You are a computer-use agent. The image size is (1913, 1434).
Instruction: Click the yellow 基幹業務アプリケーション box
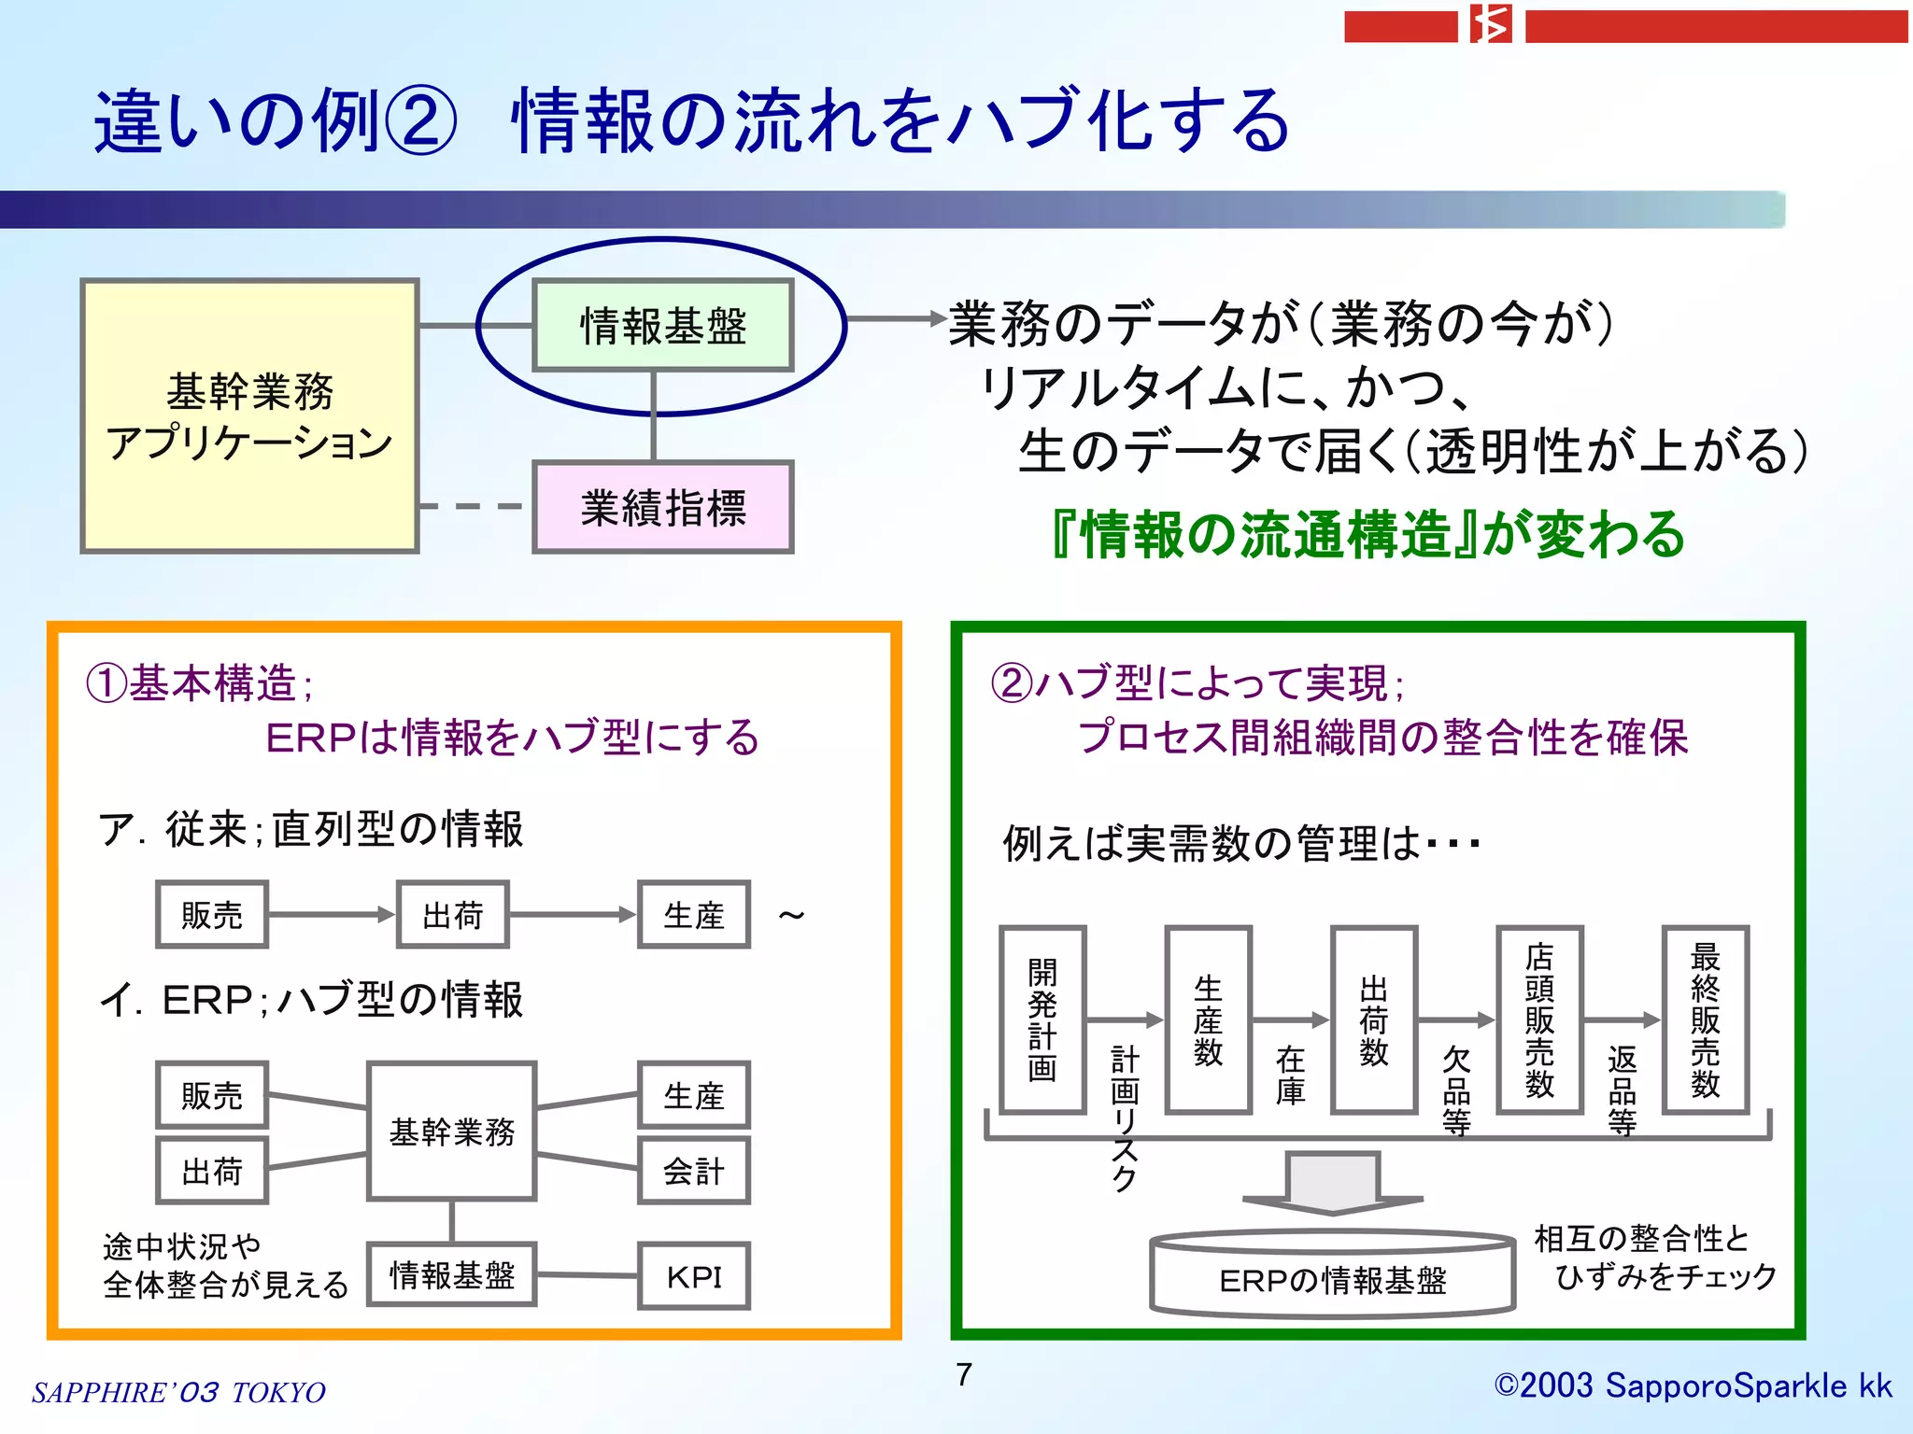pos(249,416)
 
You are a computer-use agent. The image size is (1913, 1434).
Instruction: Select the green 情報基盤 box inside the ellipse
pos(662,325)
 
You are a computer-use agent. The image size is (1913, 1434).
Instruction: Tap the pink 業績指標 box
pos(662,507)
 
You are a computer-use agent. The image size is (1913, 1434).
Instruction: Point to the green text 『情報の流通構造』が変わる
pos(1367,535)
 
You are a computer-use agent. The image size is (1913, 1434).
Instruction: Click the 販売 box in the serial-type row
pos(212,915)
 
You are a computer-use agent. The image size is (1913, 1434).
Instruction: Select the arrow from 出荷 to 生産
pos(573,915)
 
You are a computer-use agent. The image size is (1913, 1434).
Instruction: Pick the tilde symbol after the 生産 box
pos(791,915)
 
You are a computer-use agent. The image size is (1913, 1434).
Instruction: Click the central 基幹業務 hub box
pos(452,1132)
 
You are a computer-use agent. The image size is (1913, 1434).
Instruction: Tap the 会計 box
pos(694,1171)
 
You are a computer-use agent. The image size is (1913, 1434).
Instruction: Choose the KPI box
pos(694,1276)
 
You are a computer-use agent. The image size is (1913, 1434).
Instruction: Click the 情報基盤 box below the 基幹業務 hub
pos(452,1274)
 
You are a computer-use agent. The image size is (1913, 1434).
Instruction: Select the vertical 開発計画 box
pos(1042,1019)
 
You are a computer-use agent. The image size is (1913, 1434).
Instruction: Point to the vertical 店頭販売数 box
pos(1539,1019)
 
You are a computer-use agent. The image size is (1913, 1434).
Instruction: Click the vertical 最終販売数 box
pos(1705,1019)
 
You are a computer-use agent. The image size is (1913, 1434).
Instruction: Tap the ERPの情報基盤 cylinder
pos(1332,1275)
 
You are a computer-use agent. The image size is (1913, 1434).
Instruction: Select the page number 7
pos(964,1374)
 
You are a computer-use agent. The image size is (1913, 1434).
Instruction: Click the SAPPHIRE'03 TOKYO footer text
pos(178,1392)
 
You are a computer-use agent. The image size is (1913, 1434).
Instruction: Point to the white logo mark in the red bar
pos(1491,24)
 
